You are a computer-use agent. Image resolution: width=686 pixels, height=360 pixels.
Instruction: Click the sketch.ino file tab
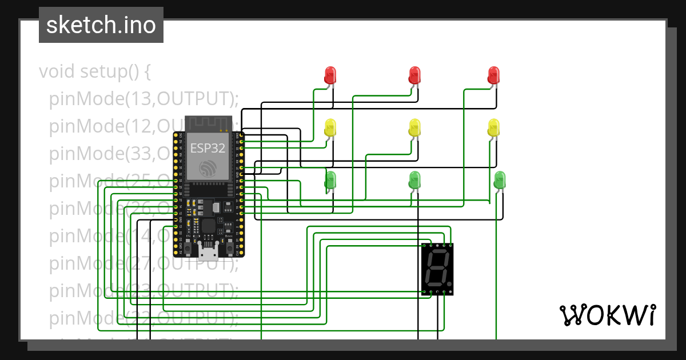101,25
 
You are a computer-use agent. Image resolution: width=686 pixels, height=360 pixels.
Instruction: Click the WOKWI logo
607,315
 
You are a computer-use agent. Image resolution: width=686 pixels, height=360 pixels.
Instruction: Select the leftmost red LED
330,75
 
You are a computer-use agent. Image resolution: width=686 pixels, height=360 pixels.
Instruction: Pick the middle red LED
415,75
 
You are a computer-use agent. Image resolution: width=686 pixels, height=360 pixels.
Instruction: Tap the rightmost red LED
494,75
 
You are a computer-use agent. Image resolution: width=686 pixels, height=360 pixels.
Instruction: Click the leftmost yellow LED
330,127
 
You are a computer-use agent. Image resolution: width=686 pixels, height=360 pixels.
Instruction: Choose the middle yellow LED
415,127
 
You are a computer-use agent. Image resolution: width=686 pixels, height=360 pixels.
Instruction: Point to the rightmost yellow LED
494,127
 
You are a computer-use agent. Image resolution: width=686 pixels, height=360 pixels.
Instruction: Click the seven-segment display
437,269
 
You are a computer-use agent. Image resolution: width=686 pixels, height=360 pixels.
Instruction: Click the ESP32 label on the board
208,147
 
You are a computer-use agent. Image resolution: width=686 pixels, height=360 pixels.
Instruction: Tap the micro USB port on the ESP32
208,251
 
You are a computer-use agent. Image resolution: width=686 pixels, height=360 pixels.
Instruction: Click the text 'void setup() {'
94,72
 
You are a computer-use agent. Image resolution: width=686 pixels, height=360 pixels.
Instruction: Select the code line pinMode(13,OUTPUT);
143,99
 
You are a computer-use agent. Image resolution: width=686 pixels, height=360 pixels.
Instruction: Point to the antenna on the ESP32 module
208,123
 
